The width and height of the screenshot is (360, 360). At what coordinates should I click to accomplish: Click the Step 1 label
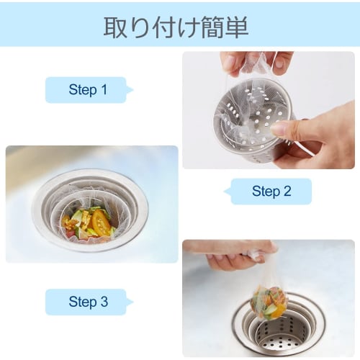tap(87, 90)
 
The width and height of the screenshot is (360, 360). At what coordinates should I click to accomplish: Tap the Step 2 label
tap(271, 192)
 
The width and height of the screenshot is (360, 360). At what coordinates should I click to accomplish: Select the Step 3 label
tap(87, 302)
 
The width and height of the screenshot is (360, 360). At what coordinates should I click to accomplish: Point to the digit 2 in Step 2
tap(287, 192)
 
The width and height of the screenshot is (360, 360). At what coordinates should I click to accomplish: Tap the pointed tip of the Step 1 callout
tap(132, 90)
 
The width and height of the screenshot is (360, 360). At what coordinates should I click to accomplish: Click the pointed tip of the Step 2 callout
tap(225, 192)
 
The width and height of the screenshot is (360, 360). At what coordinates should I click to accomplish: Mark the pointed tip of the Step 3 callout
tap(132, 302)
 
